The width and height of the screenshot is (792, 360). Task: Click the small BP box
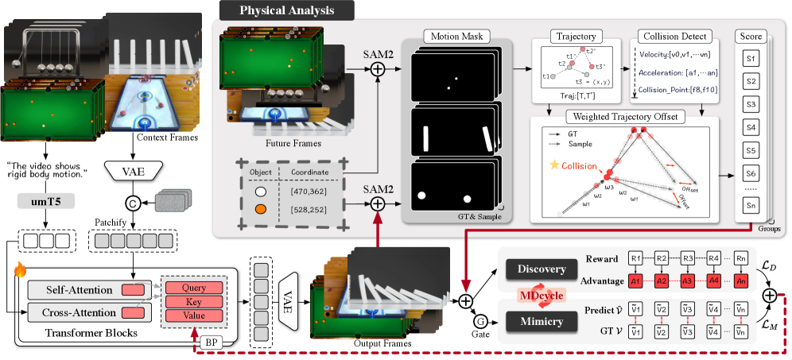tap(210, 343)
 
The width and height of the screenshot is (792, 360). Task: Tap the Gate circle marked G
tap(480, 322)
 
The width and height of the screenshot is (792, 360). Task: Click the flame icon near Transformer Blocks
tap(19, 271)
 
